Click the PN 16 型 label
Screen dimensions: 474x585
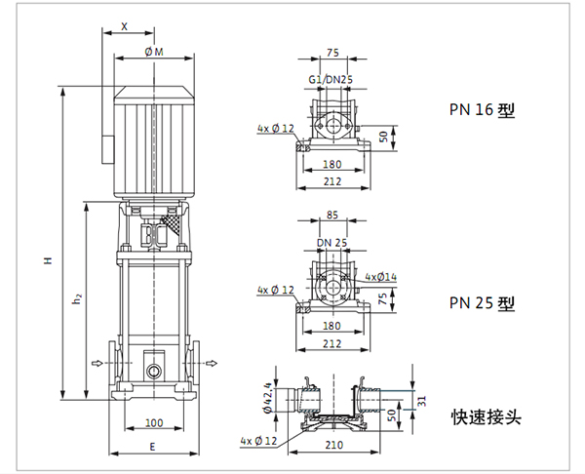[481, 110]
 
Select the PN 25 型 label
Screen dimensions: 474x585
[481, 302]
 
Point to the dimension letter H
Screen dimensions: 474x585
[46, 261]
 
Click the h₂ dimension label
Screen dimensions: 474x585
[77, 301]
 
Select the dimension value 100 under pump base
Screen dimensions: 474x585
[152, 422]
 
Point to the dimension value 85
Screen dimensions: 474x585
[331, 217]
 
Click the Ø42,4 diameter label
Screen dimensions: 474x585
[268, 397]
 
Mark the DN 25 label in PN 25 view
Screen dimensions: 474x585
[331, 242]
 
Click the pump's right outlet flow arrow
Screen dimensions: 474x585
[208, 364]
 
